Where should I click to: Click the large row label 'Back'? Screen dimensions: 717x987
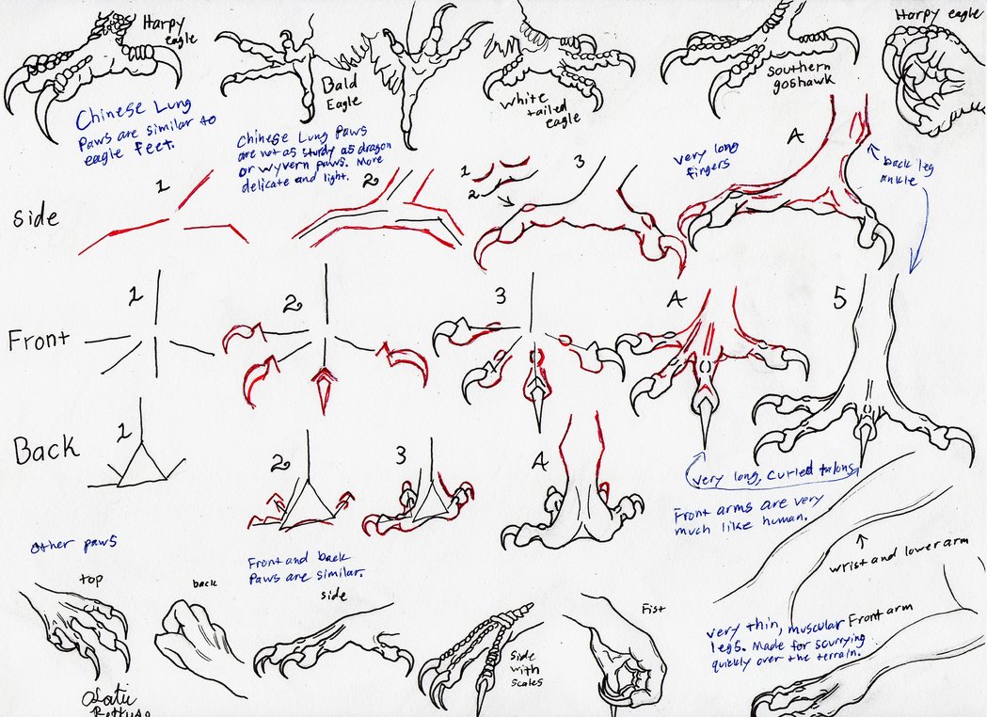(x=45, y=450)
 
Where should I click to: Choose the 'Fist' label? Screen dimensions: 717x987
(x=651, y=609)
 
